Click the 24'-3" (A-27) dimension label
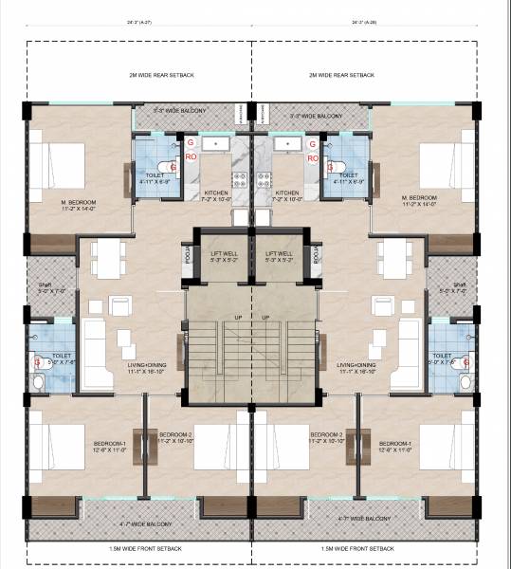coord(138,20)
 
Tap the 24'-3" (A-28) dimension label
coord(365,20)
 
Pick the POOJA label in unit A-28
coord(318,255)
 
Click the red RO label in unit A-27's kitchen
coord(191,156)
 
